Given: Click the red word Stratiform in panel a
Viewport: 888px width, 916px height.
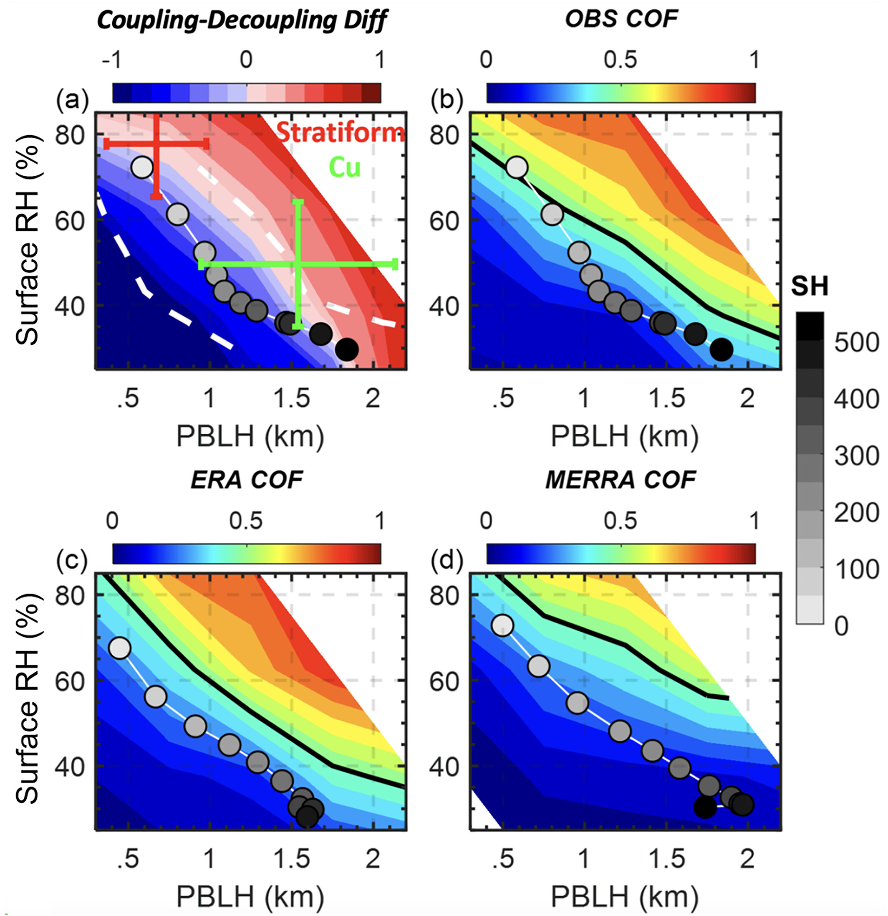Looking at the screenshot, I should (x=341, y=133).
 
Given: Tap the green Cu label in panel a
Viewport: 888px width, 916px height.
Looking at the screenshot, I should (x=345, y=167).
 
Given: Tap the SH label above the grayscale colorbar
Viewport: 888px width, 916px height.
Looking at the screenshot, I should (x=810, y=286).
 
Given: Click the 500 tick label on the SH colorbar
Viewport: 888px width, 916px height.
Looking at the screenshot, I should (x=857, y=343).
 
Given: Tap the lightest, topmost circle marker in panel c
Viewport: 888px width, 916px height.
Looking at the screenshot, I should (x=120, y=649).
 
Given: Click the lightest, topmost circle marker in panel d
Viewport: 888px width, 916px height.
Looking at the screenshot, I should (x=502, y=625).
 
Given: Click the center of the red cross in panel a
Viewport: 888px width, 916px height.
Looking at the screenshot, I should (x=156, y=144).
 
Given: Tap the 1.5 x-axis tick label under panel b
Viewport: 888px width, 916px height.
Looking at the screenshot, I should (x=668, y=399).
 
